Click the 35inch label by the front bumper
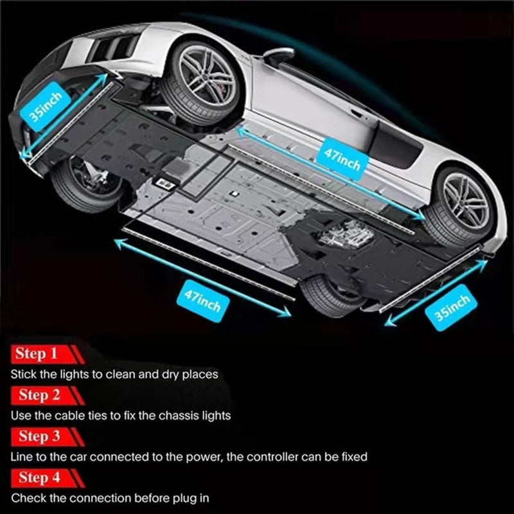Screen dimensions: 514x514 [45, 107]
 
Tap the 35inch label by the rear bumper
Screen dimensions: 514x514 [452, 308]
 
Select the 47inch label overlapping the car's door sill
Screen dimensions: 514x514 [342, 159]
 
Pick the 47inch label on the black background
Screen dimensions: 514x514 [202, 300]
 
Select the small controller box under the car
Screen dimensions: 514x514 [166, 184]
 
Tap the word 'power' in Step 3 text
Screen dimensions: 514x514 [202, 457]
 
